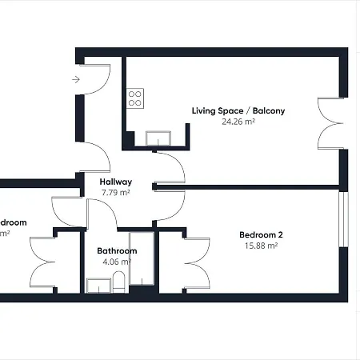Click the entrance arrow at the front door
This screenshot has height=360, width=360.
tap(76, 79)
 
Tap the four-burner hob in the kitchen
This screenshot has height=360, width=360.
tap(135, 98)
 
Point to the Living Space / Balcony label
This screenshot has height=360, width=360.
tap(238, 110)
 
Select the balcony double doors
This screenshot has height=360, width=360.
tap(330, 124)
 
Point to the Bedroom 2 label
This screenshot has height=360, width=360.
tap(261, 234)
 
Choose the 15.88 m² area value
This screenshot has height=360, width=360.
tap(260, 246)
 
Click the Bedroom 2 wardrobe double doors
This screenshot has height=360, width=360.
tap(197, 263)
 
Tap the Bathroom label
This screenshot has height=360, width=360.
tap(117, 250)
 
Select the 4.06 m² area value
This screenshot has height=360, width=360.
tap(117, 262)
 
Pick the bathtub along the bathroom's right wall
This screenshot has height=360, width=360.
tap(145, 260)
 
